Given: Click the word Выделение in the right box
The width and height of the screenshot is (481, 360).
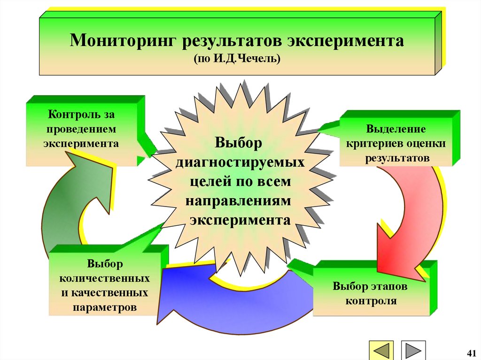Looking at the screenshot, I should tap(396, 129).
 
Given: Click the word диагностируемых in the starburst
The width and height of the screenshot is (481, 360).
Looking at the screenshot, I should tap(240, 162).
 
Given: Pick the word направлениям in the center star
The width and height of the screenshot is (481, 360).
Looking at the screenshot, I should tap(240, 200).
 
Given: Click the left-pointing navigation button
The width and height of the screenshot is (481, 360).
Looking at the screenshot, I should tap(381, 351).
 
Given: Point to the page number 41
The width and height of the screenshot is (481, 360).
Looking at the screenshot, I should tap(471, 352).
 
